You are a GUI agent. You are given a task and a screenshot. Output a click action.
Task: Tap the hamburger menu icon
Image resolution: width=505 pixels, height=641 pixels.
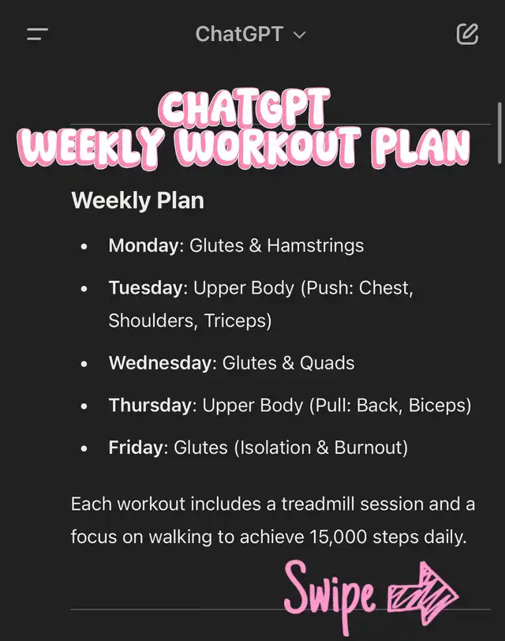[x=37, y=35]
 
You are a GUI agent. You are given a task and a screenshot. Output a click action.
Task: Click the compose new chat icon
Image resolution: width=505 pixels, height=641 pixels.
[x=467, y=34]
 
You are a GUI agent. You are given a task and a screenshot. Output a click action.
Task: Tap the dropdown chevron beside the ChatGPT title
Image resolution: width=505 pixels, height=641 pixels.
[x=300, y=36]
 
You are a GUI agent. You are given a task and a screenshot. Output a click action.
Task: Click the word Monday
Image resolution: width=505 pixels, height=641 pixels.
[x=144, y=246]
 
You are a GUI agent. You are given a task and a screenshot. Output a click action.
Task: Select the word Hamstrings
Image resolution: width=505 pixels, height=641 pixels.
[x=316, y=246]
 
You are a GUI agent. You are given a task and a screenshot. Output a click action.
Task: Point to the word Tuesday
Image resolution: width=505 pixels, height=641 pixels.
[x=145, y=288]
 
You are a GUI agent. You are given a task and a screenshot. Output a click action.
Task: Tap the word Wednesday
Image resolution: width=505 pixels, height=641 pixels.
[x=160, y=362]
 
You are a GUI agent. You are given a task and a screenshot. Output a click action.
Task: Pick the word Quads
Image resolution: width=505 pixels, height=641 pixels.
[x=327, y=363]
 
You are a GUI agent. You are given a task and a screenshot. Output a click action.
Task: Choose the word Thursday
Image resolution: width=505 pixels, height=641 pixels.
[x=150, y=405]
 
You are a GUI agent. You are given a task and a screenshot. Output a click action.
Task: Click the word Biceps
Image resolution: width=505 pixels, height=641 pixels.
[x=438, y=406]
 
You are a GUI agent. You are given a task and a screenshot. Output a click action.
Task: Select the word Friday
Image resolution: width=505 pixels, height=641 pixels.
[x=136, y=448]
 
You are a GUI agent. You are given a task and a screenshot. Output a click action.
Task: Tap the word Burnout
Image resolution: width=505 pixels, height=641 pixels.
[x=368, y=448]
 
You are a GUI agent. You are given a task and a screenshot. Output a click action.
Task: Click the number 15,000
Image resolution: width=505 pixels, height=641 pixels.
[x=338, y=537]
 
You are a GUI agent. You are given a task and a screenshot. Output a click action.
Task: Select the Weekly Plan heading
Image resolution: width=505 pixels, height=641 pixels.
[x=137, y=201]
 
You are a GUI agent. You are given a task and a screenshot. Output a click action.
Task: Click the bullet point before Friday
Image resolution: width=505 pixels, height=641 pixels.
[x=84, y=448]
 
